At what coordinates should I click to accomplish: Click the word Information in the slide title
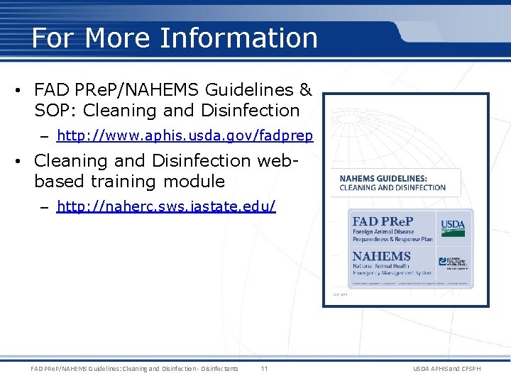[238, 38]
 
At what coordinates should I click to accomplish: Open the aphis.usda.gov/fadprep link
[185, 135]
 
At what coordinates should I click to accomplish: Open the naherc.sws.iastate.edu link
[166, 206]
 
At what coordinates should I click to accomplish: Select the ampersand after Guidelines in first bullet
[305, 90]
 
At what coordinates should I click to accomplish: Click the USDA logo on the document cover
[453, 226]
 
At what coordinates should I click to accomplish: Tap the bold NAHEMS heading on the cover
[382, 255]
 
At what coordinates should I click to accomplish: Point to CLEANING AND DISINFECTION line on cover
[392, 188]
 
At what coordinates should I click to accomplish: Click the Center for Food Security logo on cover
[454, 262]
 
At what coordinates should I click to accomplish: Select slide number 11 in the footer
[264, 368]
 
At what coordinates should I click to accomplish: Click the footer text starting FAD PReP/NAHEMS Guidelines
[135, 368]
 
